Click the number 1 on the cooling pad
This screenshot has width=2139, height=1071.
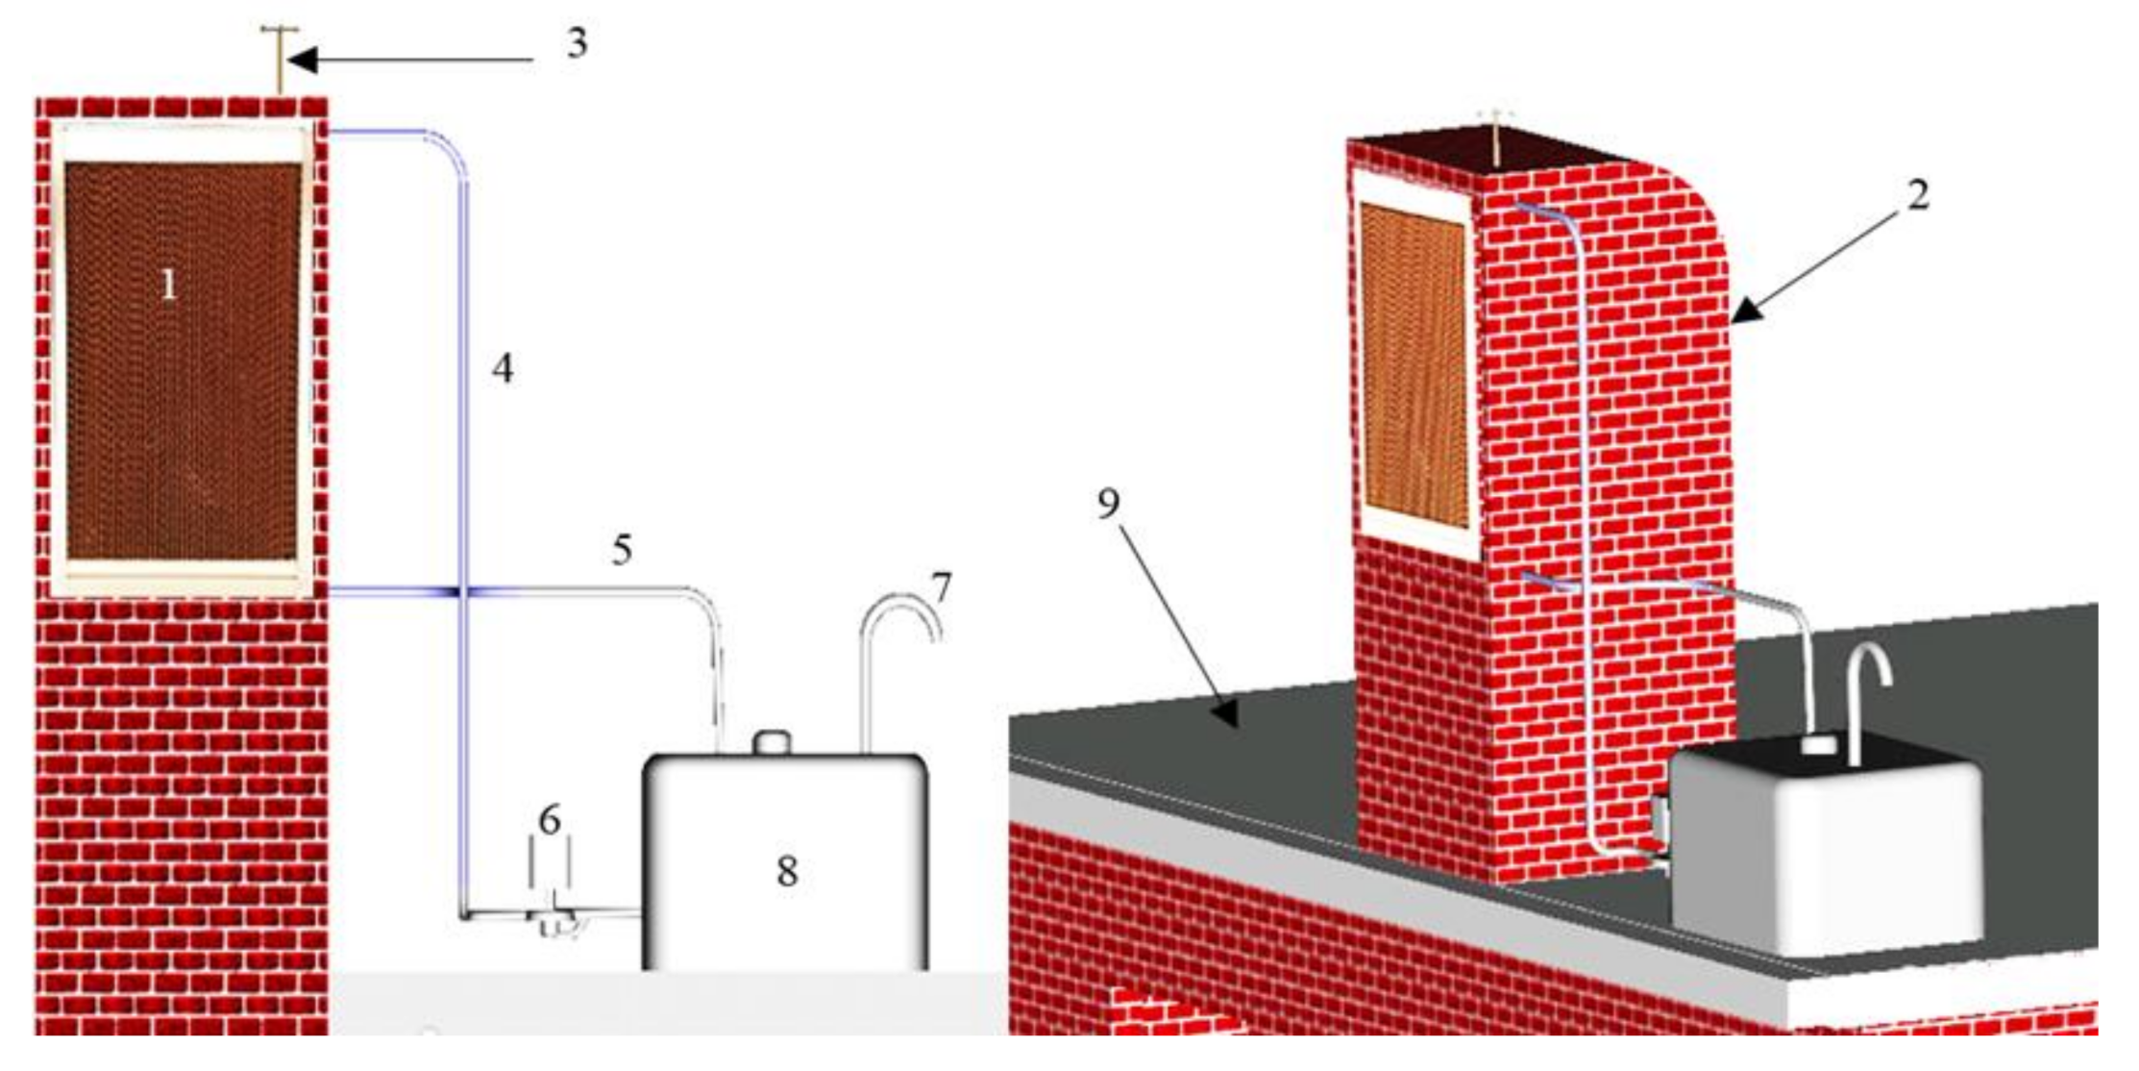(169, 285)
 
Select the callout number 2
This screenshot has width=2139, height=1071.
(1918, 195)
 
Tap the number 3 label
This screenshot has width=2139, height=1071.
(577, 43)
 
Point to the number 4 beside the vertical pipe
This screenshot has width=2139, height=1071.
(503, 368)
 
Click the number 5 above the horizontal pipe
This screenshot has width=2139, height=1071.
(623, 550)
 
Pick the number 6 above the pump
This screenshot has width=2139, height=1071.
(550, 820)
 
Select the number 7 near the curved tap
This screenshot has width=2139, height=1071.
(942, 587)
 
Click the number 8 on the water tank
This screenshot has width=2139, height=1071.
(787, 871)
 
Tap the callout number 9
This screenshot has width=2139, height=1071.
(1109, 503)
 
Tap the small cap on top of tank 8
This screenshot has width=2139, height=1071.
(772, 743)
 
